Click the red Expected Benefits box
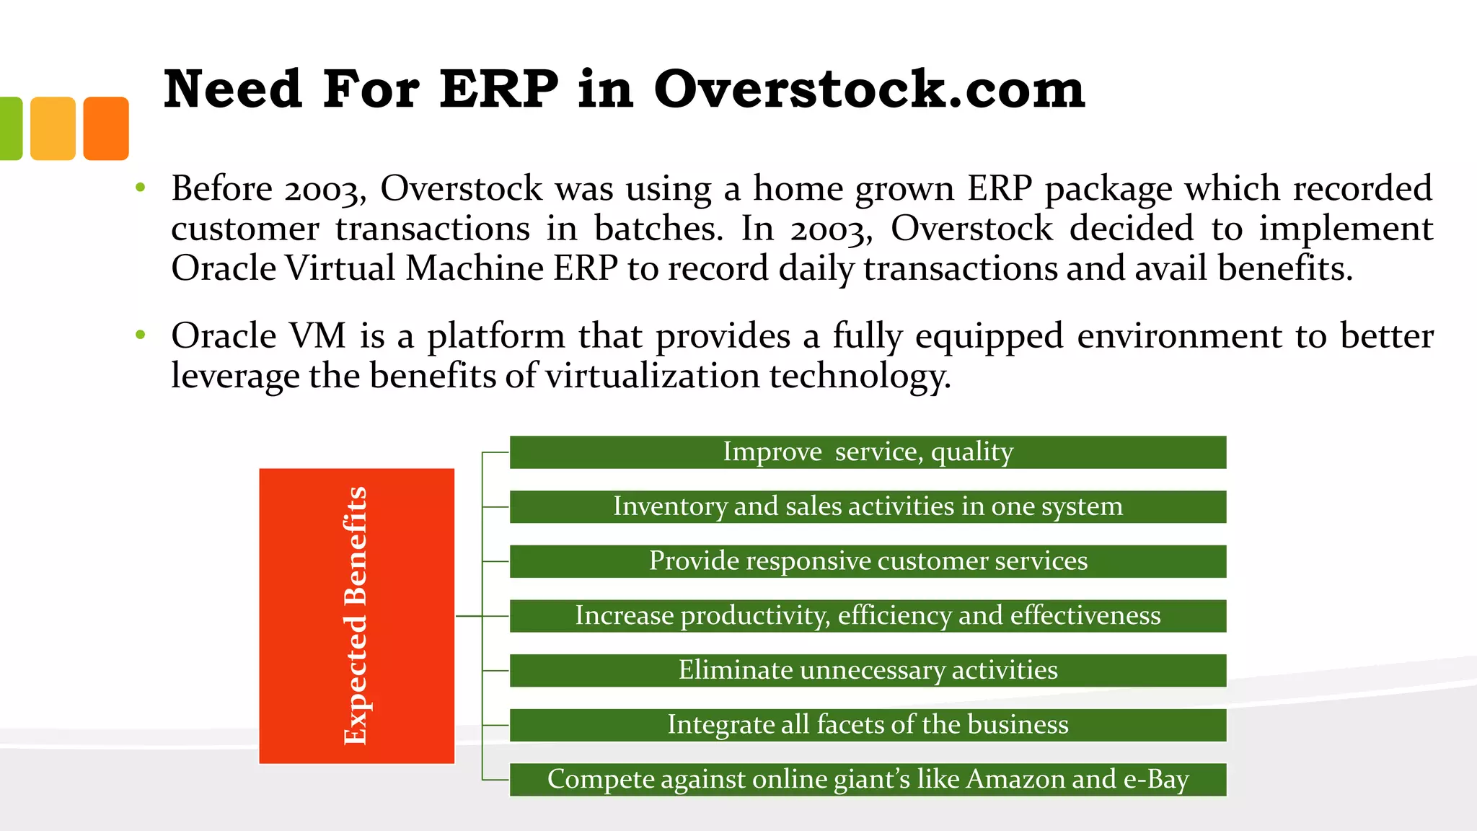(x=356, y=615)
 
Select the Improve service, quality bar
(x=868, y=452)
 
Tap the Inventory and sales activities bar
(x=868, y=506)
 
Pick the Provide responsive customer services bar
(x=868, y=561)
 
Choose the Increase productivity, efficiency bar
(x=868, y=616)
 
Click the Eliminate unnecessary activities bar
(x=868, y=670)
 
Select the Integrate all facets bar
(x=868, y=725)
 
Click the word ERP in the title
(x=498, y=89)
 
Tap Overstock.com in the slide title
(x=868, y=89)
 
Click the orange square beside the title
(x=106, y=128)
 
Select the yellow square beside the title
(x=53, y=128)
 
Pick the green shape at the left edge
(x=10, y=128)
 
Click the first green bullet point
(x=141, y=188)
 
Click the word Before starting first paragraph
(x=221, y=189)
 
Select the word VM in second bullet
(x=317, y=336)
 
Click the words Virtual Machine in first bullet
(x=414, y=268)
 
